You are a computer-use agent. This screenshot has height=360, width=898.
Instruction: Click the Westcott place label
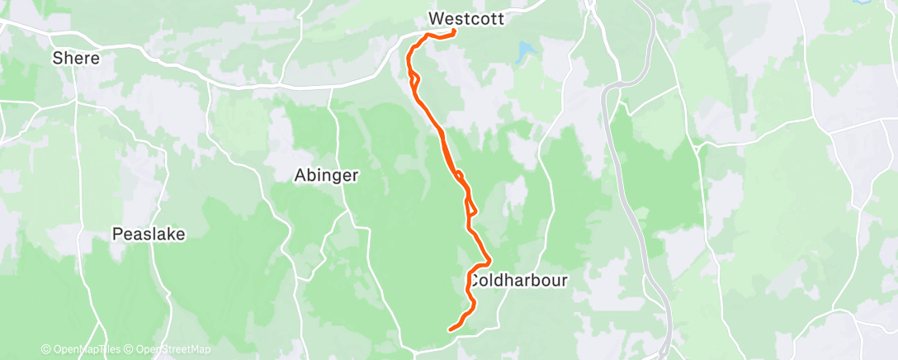pos(466,17)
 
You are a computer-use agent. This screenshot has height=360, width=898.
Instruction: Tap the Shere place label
pos(76,59)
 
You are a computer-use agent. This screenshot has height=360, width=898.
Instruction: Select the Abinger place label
pos(328,175)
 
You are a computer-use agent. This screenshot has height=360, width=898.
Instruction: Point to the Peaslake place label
pos(149,234)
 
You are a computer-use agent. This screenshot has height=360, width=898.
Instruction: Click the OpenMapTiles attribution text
pos(83,349)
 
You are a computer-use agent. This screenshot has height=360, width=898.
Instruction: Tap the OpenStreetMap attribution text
pos(173,349)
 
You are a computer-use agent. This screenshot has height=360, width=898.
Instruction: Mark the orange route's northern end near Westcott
pos(456,31)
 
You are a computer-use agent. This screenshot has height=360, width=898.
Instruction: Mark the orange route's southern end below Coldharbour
pos(450,330)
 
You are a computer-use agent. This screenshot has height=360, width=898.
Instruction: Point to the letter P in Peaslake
pos(116,234)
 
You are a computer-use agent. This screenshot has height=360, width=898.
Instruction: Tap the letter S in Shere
pos(57,59)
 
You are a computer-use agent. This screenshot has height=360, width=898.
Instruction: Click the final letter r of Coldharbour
pos(565,281)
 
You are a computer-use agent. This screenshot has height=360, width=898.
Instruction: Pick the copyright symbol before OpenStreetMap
pos(130,349)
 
